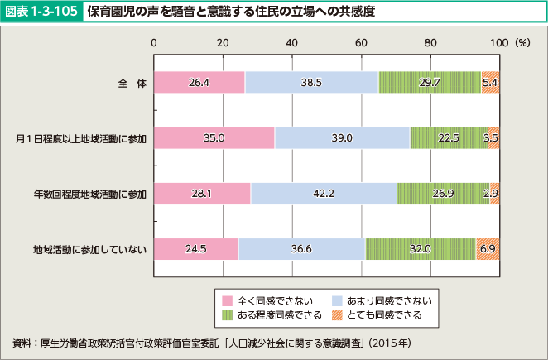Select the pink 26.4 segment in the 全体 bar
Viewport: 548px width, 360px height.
pos(199,83)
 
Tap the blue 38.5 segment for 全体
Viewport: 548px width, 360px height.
pos(311,83)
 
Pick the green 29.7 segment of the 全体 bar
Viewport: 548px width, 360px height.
pos(430,83)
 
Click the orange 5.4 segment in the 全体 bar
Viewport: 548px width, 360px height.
pos(490,83)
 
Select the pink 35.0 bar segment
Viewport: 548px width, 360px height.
pos(214,138)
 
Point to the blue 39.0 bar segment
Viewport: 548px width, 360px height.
pos(342,138)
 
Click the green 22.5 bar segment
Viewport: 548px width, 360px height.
pos(449,138)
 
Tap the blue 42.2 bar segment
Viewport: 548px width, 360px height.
pos(324,194)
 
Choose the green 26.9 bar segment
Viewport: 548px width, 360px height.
pos(443,194)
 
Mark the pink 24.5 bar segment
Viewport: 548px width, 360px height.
pos(196,249)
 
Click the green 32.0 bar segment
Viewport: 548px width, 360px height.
pos(420,249)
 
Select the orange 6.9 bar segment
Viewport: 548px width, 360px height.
pos(488,249)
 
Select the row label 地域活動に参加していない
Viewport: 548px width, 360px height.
pos(89,249)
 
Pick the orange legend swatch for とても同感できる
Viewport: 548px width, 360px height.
pos(337,315)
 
